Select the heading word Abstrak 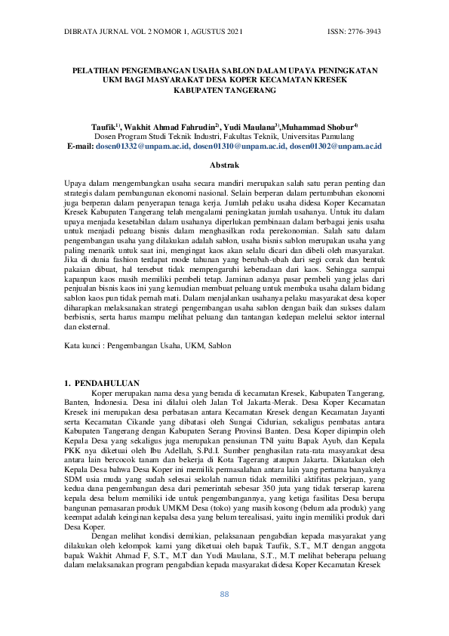(x=224, y=164)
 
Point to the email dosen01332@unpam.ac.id (x=142, y=146)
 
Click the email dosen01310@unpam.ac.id (x=239, y=146)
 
